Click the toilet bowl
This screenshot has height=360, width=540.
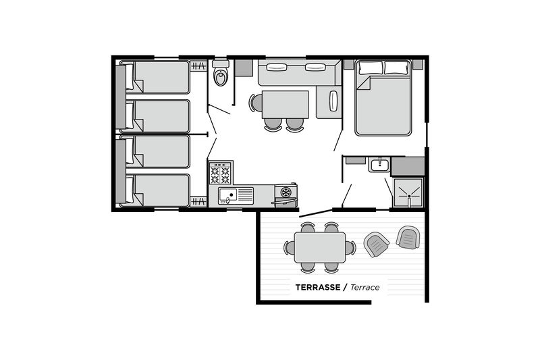[220, 78]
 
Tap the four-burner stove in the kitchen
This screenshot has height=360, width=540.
[220, 174]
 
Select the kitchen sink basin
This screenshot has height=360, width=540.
[227, 197]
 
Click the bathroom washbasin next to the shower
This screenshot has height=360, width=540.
[378, 165]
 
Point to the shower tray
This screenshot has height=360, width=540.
[408, 192]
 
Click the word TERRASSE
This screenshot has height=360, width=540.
[317, 288]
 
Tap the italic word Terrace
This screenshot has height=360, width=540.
[364, 288]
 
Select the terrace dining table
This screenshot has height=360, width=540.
[319, 248]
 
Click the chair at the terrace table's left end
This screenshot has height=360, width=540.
[289, 248]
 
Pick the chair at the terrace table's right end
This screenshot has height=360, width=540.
[350, 248]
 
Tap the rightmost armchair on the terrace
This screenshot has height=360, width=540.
[408, 237]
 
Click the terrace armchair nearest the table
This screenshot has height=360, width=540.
[377, 244]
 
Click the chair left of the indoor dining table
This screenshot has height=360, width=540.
[254, 103]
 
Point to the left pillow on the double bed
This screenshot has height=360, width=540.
[370, 68]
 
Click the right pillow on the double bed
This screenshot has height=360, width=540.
[397, 68]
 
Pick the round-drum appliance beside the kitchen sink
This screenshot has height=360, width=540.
[286, 193]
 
